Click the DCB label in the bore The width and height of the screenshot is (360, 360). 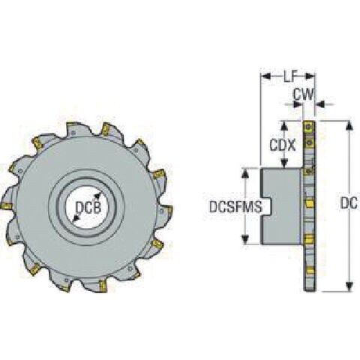(88, 208)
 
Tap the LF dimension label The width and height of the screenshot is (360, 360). (290, 76)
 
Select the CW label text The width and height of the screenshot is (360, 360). (303, 94)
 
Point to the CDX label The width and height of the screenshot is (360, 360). (283, 145)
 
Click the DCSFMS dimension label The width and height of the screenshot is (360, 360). (235, 207)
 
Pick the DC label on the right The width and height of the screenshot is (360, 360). (349, 204)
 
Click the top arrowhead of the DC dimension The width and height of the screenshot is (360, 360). (350, 125)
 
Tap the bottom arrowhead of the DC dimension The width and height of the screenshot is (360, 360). (350, 286)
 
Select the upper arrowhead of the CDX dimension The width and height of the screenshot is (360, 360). (283, 126)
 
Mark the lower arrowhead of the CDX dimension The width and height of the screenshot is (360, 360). (283, 163)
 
